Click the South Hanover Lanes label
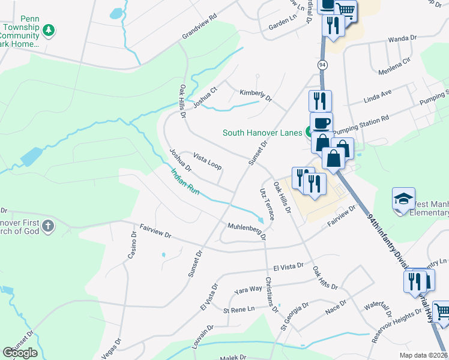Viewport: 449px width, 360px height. click(263, 133)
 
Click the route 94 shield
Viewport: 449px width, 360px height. click(323, 64)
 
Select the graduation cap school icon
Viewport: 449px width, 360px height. click(403, 199)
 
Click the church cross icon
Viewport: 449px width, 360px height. click(47, 226)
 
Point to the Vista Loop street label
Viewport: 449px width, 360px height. click(207, 160)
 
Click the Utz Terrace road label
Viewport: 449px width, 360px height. click(267, 203)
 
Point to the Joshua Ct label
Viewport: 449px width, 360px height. click(205, 95)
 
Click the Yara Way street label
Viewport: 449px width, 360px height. click(249, 289)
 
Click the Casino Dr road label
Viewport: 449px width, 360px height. click(133, 245)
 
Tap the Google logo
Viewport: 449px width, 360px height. click(20, 352)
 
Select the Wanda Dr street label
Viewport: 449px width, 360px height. click(402, 38)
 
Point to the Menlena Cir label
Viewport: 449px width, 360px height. click(394, 60)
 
